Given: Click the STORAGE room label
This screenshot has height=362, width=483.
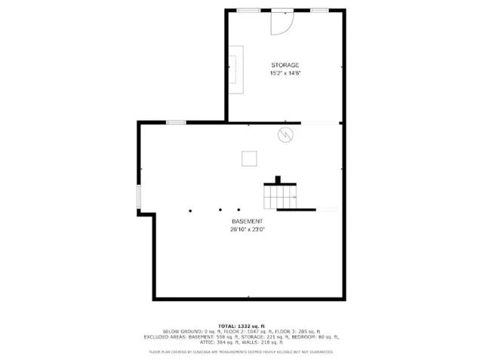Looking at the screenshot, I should click(x=285, y=66).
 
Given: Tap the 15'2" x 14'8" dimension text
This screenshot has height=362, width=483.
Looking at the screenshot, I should click(x=285, y=73).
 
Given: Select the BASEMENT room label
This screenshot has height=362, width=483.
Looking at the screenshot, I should click(x=248, y=221).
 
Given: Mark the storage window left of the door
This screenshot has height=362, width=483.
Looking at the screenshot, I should click(x=249, y=10).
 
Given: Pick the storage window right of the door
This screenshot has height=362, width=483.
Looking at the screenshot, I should click(x=319, y=10).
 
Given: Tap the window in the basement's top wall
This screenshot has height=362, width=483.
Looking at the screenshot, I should click(x=176, y=122).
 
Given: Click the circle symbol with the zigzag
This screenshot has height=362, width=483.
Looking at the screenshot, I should click(x=287, y=135).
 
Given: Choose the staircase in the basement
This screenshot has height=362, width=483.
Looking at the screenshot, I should click(x=280, y=196).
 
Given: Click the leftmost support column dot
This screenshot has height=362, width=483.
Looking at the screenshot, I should click(x=191, y=210).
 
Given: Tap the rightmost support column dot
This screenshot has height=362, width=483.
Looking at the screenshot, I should click(x=238, y=210).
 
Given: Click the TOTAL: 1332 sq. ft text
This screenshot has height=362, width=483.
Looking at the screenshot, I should click(x=241, y=325).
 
